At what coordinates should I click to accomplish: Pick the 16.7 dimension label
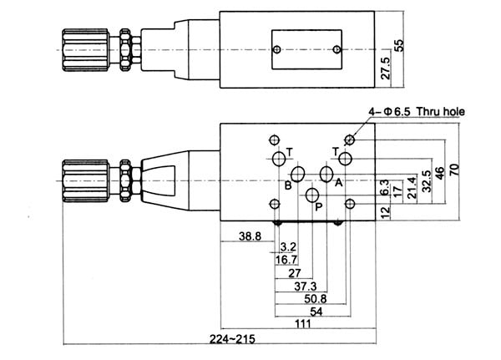[x=287, y=260]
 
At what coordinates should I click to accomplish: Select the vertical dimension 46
[x=440, y=174]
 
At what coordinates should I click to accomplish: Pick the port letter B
[x=286, y=185]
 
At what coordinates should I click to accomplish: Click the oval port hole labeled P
[x=312, y=196]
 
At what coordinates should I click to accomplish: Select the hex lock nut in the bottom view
[x=126, y=177]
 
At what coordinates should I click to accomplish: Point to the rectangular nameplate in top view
[x=306, y=48]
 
